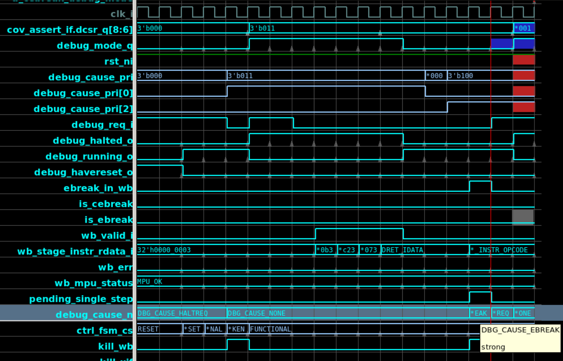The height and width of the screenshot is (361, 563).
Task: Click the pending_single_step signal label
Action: click(x=81, y=299)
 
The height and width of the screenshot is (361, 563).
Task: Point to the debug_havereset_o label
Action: click(x=83, y=172)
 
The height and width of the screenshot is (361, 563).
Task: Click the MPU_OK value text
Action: click(x=150, y=281)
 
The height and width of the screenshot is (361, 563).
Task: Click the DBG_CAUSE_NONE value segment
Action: click(x=256, y=313)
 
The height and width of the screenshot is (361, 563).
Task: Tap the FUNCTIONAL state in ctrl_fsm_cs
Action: click(x=270, y=329)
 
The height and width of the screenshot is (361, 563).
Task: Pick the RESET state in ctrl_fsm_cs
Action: click(x=148, y=329)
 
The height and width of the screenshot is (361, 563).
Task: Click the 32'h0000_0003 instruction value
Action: click(x=164, y=250)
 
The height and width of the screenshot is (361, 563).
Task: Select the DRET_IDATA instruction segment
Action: click(x=402, y=250)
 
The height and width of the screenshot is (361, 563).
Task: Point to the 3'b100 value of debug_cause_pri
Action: click(x=460, y=76)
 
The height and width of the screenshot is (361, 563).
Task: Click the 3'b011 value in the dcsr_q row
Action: click(x=262, y=28)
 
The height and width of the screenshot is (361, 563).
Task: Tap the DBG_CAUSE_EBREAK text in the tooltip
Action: click(x=520, y=330)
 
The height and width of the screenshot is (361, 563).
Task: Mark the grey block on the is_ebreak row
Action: click(x=523, y=217)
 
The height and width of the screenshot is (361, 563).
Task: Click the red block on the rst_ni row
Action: click(x=524, y=60)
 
